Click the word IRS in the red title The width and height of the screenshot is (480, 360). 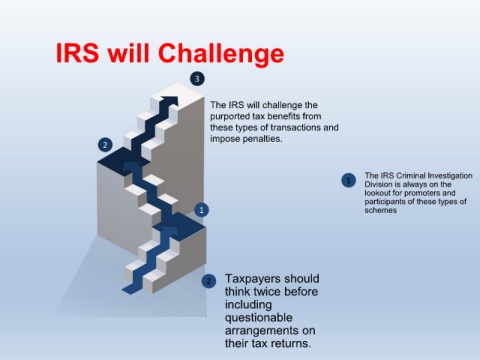[77, 53]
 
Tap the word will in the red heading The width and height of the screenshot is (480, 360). [128, 52]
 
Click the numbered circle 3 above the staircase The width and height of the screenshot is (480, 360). [197, 79]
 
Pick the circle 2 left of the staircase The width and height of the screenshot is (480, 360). [105, 145]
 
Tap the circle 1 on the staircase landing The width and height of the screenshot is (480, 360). [201, 210]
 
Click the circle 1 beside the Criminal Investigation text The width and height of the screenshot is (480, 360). [349, 180]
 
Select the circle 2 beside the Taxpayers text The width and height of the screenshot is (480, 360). [209, 281]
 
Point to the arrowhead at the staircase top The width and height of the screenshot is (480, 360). [170, 101]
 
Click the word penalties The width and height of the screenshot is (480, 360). [263, 139]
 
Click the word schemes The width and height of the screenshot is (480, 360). [380, 210]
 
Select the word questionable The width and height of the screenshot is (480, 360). [258, 318]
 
